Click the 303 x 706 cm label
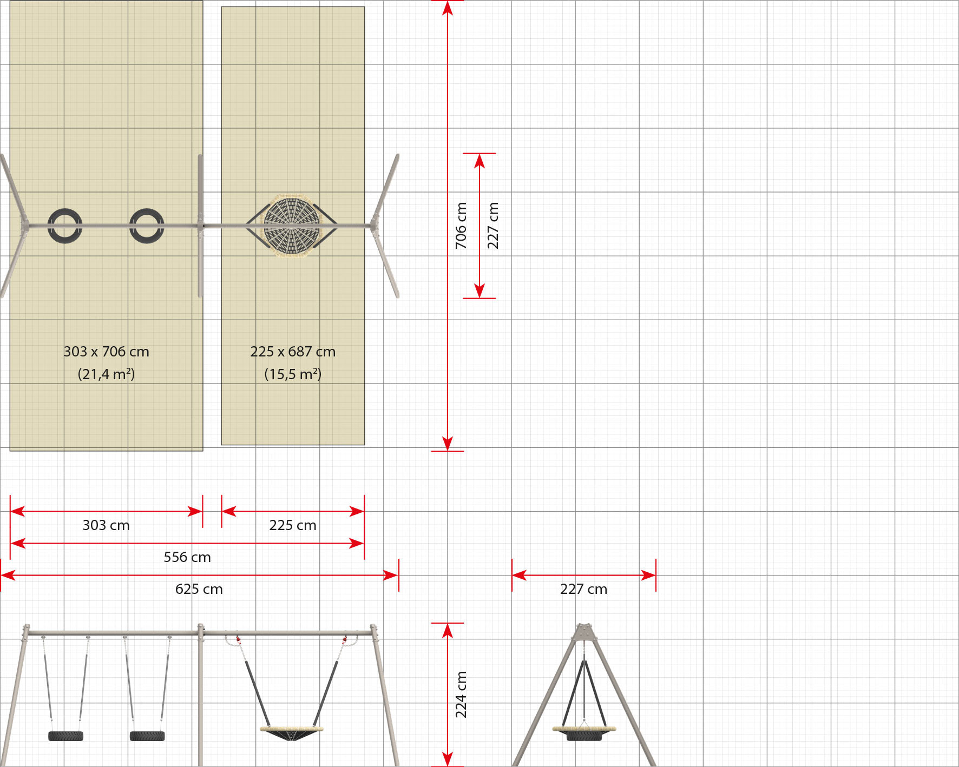click(x=106, y=352)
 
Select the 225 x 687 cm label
click(x=293, y=352)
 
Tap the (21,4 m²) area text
click(x=106, y=374)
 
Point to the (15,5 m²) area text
click(x=293, y=374)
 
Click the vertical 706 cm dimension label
click(x=461, y=226)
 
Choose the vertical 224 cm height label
click(x=461, y=695)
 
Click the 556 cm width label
click(x=187, y=557)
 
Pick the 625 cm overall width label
click(x=199, y=589)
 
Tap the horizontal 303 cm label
click(x=106, y=525)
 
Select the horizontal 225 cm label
click(x=293, y=525)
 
